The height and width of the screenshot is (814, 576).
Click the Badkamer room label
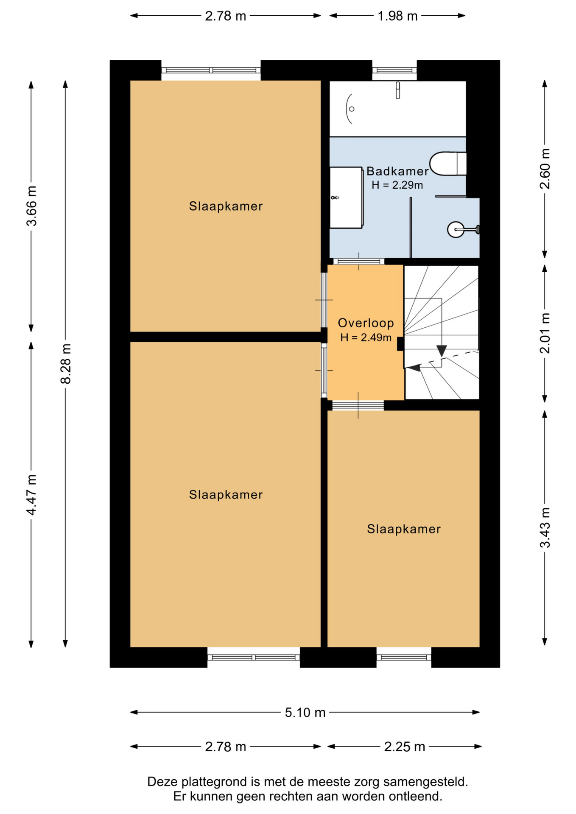click(397, 171)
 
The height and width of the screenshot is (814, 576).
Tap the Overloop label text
click(366, 323)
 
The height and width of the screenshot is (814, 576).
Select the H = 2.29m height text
click(397, 185)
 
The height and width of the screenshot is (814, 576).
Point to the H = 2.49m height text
click(366, 337)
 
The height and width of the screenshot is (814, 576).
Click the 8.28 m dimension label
click(66, 364)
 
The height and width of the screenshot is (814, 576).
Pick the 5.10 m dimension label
click(305, 713)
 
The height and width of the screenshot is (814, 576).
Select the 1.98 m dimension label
click(397, 16)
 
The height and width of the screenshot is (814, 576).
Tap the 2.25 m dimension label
click(405, 747)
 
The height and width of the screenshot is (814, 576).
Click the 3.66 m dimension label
click(32, 206)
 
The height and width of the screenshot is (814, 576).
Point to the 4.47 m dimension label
click(32, 495)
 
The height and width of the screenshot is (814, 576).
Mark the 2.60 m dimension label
click(545, 169)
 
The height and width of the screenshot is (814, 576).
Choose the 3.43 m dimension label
click(545, 528)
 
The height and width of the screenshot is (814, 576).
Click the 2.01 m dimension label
click(545, 333)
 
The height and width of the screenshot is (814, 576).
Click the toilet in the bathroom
click(448, 163)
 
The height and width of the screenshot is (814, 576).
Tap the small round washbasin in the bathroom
click(456, 230)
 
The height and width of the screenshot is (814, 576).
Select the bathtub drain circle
click(352, 109)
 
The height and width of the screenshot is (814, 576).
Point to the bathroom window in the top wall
click(394, 70)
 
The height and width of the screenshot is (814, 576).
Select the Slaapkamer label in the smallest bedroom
click(404, 529)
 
